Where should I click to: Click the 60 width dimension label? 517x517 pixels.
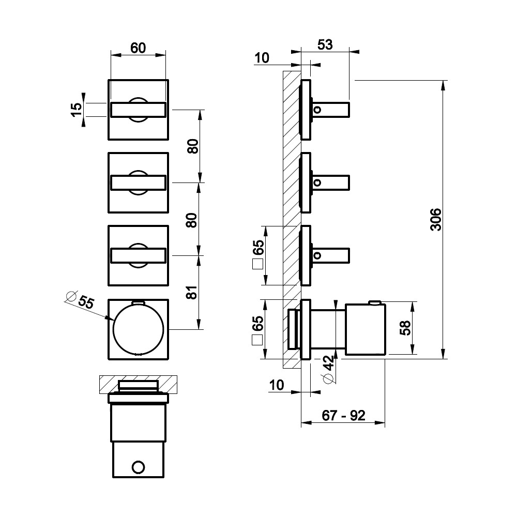138,48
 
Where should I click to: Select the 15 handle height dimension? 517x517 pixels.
77,109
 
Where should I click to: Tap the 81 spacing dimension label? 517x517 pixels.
192,292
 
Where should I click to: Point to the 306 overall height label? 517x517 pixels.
435,219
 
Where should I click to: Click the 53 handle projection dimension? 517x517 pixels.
325,44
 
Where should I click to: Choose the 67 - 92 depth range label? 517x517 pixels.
344,416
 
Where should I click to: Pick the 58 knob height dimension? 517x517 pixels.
405,328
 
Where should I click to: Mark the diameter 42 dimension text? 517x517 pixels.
329,369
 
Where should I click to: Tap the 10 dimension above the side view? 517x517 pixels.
262,58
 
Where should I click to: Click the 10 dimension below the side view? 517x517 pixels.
276,385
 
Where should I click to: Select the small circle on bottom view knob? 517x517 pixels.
138,467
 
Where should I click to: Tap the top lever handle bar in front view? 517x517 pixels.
139,110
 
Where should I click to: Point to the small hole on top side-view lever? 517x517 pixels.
317,110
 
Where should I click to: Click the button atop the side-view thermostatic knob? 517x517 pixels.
375,302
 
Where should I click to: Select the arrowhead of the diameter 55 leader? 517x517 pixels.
109,318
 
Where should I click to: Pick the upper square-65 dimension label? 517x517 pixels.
258,254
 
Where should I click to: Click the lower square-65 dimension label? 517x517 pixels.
257,330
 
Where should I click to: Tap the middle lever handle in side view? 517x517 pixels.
330,183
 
